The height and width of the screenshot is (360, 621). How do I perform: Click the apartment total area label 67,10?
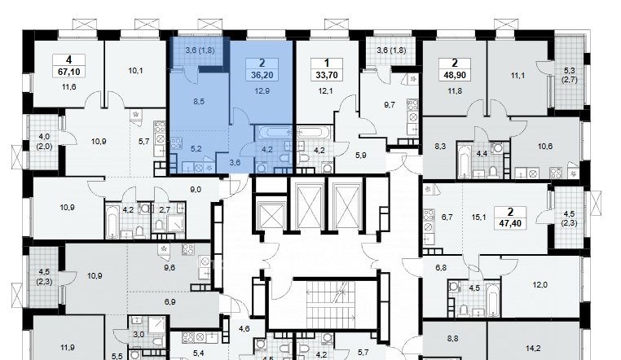click(x=69, y=72)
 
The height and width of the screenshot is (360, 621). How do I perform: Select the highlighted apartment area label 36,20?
click(x=262, y=75)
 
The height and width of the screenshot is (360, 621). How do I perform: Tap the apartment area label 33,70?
click(x=327, y=75)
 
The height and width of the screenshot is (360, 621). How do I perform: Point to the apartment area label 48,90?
click(x=455, y=75)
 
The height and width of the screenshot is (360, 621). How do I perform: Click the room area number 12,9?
click(x=262, y=91)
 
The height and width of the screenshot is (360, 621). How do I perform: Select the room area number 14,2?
click(x=533, y=349)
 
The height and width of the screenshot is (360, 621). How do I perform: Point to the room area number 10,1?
click(x=135, y=71)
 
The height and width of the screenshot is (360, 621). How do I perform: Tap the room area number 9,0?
click(x=196, y=190)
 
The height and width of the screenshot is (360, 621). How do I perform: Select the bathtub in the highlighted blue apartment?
click(x=273, y=132)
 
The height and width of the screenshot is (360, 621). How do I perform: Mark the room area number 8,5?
click(x=199, y=102)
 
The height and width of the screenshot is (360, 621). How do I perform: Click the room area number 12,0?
click(x=540, y=285)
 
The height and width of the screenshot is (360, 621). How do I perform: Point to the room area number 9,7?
click(x=390, y=105)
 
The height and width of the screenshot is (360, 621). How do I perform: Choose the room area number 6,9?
click(x=170, y=302)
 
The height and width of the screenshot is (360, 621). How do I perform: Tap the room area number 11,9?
click(x=68, y=348)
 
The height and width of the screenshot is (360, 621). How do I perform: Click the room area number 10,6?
click(x=545, y=147)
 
